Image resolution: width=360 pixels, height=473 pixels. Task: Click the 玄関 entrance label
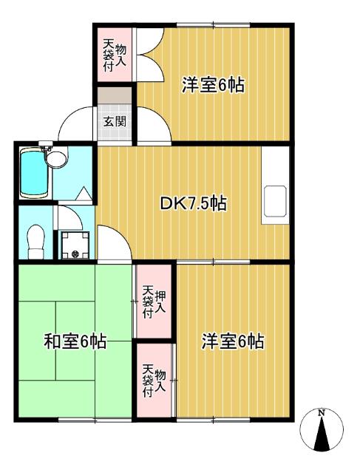click(114, 122)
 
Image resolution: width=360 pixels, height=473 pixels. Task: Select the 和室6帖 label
click(75, 341)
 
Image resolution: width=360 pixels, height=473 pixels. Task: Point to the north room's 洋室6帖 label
click(214, 85)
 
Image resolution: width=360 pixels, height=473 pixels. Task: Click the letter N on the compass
click(322, 413)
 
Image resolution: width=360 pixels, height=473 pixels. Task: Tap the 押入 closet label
click(154, 301)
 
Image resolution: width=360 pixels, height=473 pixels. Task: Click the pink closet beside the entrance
click(114, 53)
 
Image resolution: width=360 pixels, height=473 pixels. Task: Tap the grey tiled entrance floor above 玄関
click(115, 97)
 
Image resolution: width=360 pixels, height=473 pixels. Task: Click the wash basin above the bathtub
click(55, 157)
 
